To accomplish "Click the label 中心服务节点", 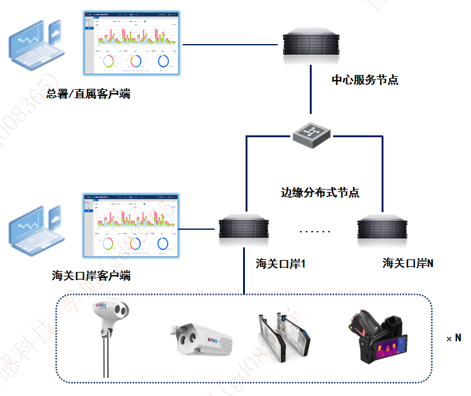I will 365,80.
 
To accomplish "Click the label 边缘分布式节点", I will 320,193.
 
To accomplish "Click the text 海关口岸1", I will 280,263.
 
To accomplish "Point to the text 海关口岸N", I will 407,263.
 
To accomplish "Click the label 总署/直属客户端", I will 88,94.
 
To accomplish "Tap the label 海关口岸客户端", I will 92,276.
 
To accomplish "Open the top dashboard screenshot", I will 132,42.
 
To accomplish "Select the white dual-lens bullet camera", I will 200,339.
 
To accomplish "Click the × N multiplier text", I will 453,338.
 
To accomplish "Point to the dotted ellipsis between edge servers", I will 314,232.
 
